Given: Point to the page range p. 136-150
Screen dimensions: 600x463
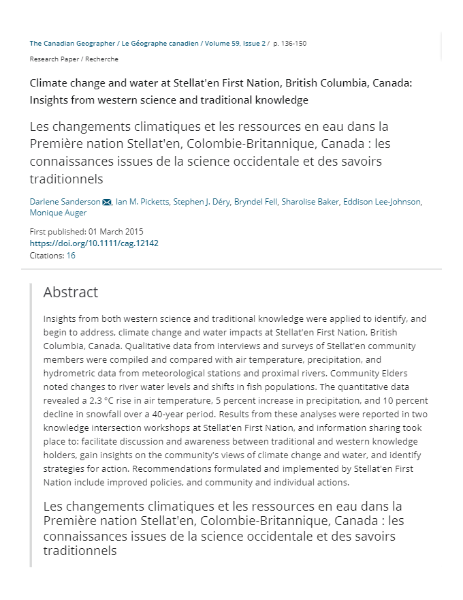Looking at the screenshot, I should tap(289, 43).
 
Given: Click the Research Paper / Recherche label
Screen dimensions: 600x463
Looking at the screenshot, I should tap(74, 59).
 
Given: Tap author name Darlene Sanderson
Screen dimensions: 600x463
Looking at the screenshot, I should tap(65, 202).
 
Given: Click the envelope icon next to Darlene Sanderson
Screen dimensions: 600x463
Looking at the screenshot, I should tap(107, 202).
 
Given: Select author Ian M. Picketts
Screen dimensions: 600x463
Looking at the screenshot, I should tap(142, 202).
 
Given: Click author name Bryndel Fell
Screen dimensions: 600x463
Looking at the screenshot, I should tap(255, 202).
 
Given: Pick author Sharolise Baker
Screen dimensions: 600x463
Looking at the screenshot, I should tap(310, 202).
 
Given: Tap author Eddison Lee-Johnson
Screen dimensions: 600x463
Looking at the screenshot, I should tap(382, 202).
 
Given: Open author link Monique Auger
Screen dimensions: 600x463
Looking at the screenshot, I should tap(58, 213).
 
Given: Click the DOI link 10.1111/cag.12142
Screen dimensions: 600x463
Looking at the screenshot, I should tap(94, 243).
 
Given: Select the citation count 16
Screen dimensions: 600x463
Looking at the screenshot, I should tap(71, 256).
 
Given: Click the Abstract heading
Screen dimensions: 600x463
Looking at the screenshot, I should tap(71, 292).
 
